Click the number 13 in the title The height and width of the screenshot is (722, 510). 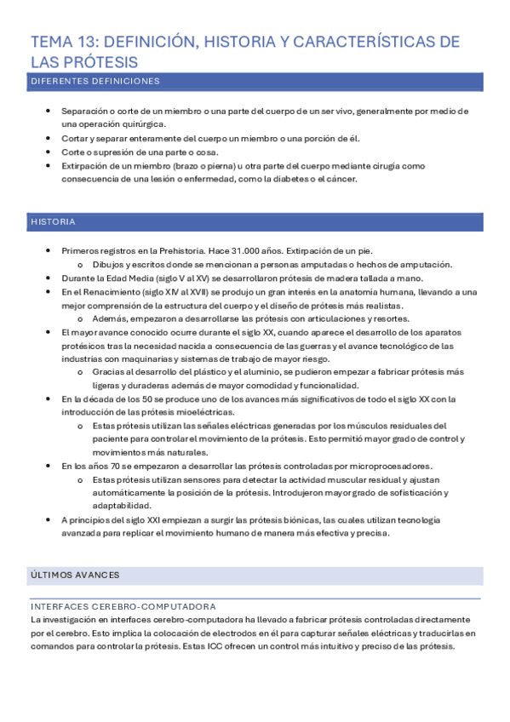tap(100, 42)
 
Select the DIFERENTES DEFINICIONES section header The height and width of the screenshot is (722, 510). tap(95, 82)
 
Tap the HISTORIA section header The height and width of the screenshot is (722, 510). tap(53, 222)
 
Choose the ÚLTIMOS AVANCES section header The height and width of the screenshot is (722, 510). tap(75, 576)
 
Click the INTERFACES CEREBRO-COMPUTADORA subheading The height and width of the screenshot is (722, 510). tap(123, 606)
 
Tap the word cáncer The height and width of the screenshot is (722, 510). tap(341, 180)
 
